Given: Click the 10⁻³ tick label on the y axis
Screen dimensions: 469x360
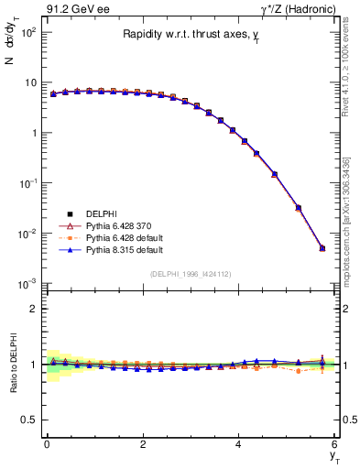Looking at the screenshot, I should click(x=27, y=284).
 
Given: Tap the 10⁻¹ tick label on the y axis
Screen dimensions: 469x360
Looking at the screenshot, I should click(x=27, y=183).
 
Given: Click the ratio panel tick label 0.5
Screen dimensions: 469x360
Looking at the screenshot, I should click(x=29, y=420).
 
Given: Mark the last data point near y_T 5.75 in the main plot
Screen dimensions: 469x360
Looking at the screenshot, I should click(x=322, y=248).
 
